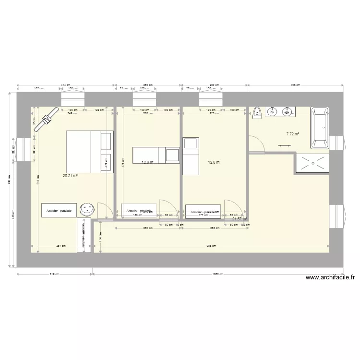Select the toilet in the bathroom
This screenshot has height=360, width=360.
coord(257,112)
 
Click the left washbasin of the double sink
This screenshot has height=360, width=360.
coord(273,112)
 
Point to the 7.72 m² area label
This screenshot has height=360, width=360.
coord(292,134)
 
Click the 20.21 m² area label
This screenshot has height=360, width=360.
coord(70,176)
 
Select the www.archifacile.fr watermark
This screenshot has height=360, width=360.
coord(329,277)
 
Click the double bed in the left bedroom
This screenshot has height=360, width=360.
coord(89,151)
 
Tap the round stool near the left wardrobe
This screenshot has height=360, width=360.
coord(87,208)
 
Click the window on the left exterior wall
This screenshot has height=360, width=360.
coord(23,150)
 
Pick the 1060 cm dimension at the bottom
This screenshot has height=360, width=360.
coord(218,275)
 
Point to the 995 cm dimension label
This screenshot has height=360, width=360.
coord(212,246)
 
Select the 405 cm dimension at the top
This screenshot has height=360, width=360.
coord(295,85)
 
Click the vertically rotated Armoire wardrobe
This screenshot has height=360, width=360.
coord(84,235)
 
